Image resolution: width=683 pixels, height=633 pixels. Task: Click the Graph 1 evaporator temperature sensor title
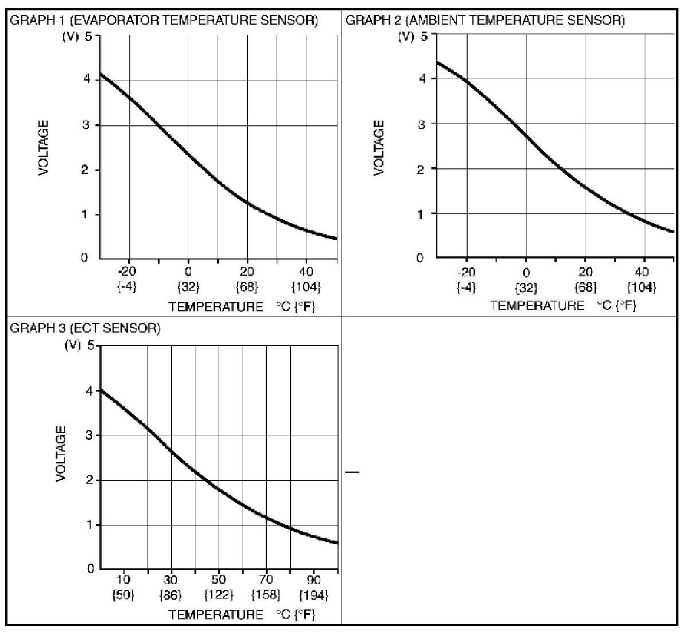point(164,21)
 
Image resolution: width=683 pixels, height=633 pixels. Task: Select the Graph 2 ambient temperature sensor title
point(485,21)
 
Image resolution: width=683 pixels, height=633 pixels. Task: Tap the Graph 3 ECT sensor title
point(86,328)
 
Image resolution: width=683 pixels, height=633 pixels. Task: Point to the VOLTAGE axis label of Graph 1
point(44,148)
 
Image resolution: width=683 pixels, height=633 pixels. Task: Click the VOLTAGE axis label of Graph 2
point(379,148)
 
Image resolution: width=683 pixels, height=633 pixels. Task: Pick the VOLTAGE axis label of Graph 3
point(61,454)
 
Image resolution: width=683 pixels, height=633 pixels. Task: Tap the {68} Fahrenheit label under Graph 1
point(247,286)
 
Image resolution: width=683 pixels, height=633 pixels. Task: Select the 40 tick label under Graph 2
point(643,272)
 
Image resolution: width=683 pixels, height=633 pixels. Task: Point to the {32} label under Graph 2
point(526,287)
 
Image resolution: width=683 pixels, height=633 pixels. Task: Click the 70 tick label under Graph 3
point(267,580)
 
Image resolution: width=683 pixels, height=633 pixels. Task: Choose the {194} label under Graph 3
point(313,595)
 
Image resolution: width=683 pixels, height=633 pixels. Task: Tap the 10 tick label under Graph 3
point(124,580)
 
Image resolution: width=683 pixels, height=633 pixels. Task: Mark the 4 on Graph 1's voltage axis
point(86,79)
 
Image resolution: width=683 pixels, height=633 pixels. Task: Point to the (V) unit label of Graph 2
point(406,37)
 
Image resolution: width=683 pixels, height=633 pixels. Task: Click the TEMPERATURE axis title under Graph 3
point(216,614)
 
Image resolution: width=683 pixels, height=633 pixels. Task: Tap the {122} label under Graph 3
point(219,595)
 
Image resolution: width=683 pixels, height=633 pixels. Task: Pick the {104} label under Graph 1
point(306,286)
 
